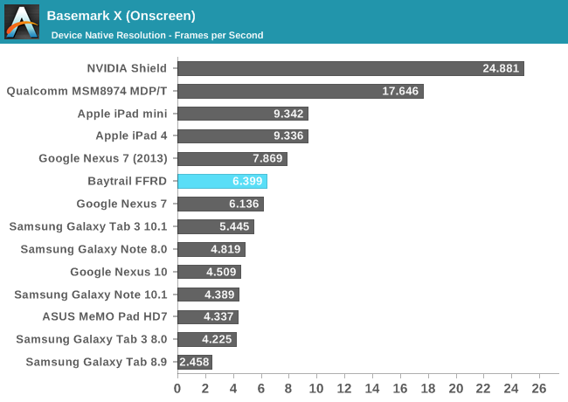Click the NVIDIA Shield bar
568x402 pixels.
click(x=350, y=68)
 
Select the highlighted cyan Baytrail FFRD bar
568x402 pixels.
click(x=222, y=182)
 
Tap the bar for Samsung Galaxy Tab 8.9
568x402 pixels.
click(x=194, y=362)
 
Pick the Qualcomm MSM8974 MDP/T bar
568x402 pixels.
click(x=300, y=91)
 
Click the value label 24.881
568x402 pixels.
click(x=500, y=68)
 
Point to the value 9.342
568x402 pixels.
click(x=288, y=114)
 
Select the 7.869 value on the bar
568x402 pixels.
click(x=267, y=159)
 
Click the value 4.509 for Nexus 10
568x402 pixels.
click(x=221, y=272)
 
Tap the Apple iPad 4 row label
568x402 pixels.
click(x=131, y=135)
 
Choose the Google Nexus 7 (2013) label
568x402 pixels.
click(x=103, y=158)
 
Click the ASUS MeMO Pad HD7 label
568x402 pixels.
click(x=105, y=316)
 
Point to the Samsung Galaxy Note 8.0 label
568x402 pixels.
click(x=94, y=249)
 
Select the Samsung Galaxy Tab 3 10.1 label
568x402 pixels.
click(x=88, y=226)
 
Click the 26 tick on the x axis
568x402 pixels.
click(x=539, y=388)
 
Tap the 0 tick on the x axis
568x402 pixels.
click(x=177, y=388)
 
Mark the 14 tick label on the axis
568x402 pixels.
click(x=372, y=388)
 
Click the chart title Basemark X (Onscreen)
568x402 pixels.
click(x=121, y=16)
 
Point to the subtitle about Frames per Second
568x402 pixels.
click(x=157, y=35)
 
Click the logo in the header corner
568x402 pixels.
click(x=22, y=22)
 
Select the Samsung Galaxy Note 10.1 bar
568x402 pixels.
click(x=208, y=295)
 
